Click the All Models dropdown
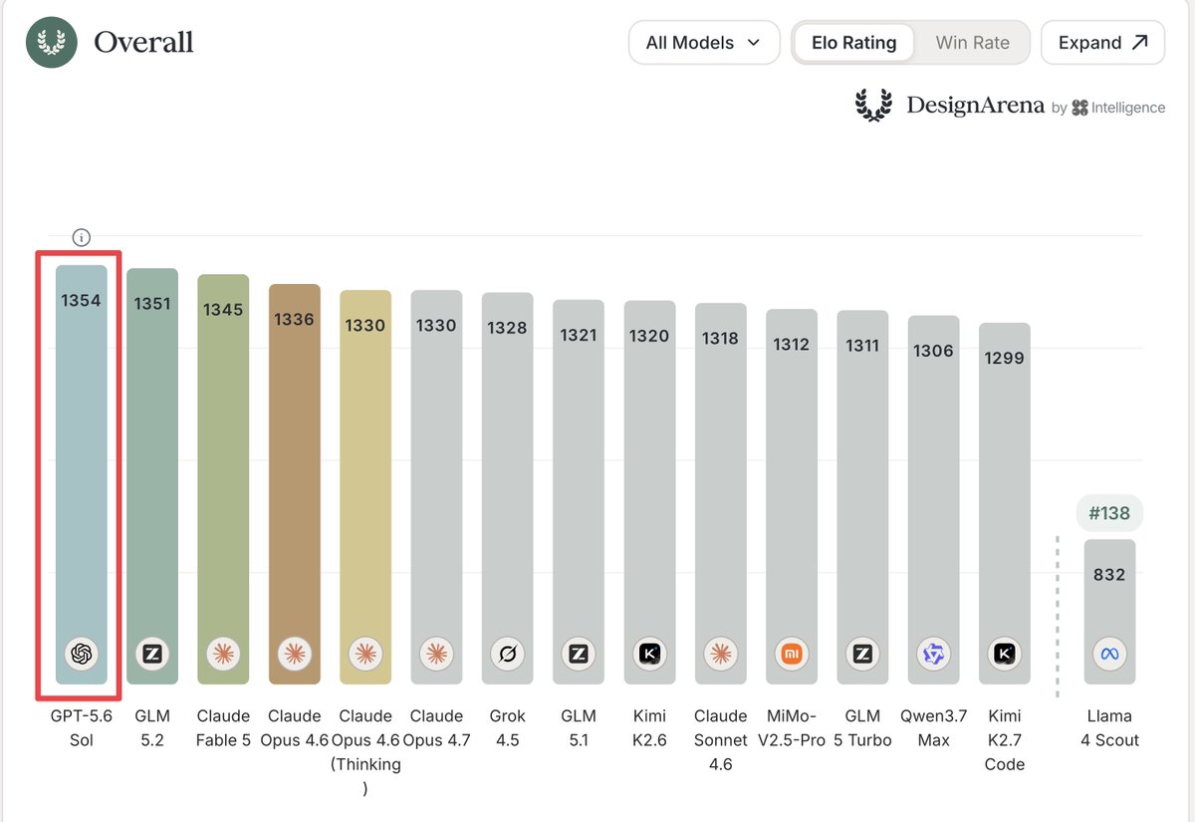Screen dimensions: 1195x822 pyautogui.click(x=704, y=43)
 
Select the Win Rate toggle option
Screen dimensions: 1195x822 pyautogui.click(x=972, y=43)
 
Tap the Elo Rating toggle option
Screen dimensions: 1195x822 pyautogui.click(x=853, y=43)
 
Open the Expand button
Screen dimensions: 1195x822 pyautogui.click(x=1102, y=43)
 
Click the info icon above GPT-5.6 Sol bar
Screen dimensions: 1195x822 pyautogui.click(x=81, y=237)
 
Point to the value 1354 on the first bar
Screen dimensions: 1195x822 pyautogui.click(x=81, y=301)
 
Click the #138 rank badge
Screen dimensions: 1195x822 pyautogui.click(x=1109, y=513)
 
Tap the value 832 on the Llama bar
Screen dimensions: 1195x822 pyautogui.click(x=1109, y=574)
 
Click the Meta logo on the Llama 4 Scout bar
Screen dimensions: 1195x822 pyautogui.click(x=1109, y=654)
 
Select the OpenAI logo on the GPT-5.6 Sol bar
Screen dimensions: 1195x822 pyautogui.click(x=81, y=654)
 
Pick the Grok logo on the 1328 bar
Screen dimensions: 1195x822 pyautogui.click(x=507, y=654)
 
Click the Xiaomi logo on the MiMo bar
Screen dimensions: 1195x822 pyautogui.click(x=792, y=654)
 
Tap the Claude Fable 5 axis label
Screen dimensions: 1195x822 pyautogui.click(x=223, y=728)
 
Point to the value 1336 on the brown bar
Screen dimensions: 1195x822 pyautogui.click(x=294, y=319)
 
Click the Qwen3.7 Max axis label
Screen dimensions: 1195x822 pyautogui.click(x=934, y=728)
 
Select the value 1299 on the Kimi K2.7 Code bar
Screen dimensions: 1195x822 pyautogui.click(x=1004, y=358)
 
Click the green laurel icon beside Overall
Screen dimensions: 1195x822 pyautogui.click(x=51, y=42)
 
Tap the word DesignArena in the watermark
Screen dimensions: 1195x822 pyautogui.click(x=975, y=106)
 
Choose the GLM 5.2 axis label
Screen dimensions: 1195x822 pyautogui.click(x=152, y=728)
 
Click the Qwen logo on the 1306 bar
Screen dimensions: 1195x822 pyautogui.click(x=934, y=654)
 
